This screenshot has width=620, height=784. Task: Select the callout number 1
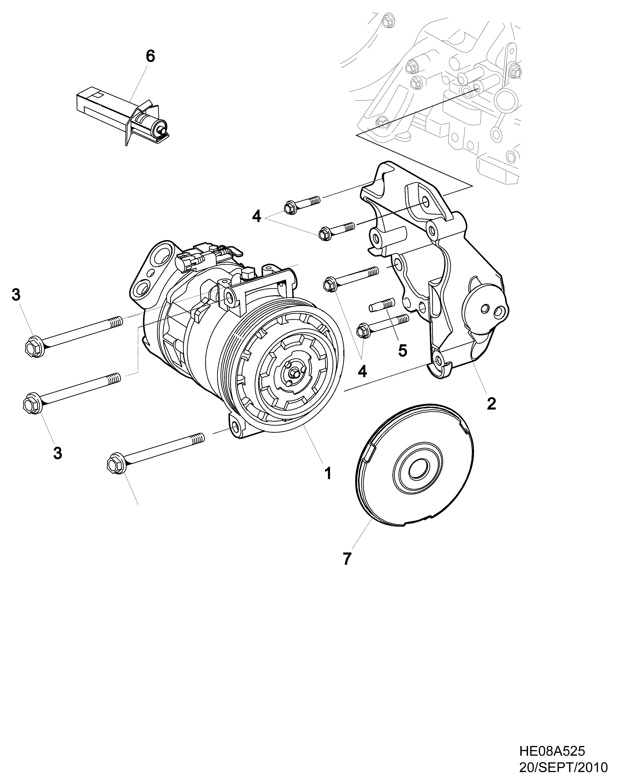pyautogui.click(x=328, y=473)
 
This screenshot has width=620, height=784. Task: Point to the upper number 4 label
pyautogui.click(x=256, y=217)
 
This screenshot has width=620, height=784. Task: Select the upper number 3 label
pyautogui.click(x=16, y=295)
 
